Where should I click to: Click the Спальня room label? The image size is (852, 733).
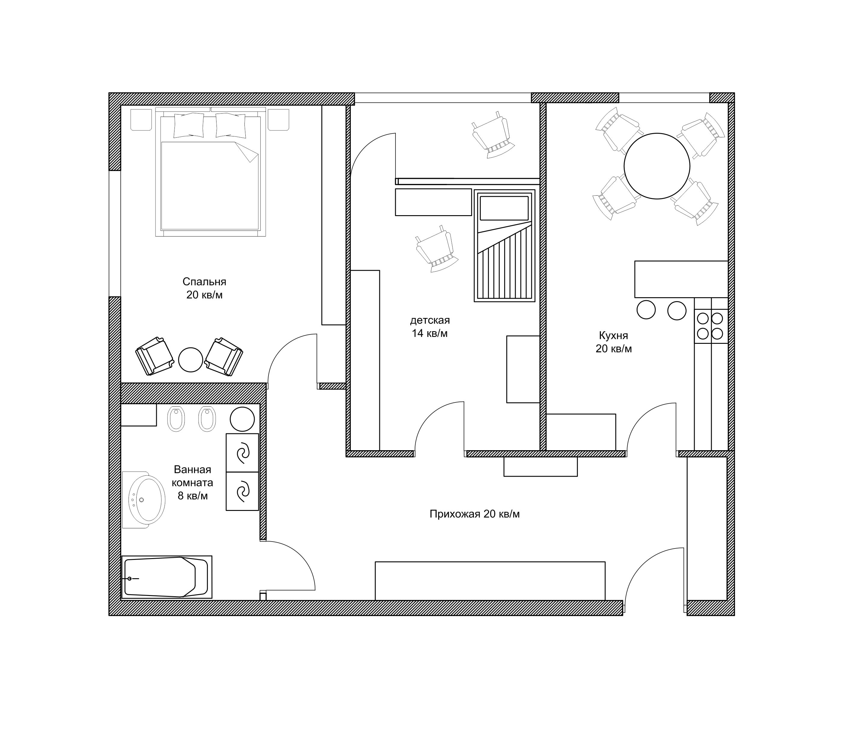204,282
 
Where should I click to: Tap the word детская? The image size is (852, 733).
430,320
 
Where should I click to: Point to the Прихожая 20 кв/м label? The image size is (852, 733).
475,514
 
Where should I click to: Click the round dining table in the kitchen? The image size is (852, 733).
657,166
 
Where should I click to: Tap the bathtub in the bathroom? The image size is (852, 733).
167,577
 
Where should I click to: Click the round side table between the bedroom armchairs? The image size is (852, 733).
190,359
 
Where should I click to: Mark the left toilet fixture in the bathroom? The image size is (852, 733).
176,419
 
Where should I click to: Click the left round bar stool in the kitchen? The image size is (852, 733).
646,310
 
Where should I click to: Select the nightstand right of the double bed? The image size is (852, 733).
278,119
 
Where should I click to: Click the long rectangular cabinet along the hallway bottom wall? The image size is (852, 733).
490,581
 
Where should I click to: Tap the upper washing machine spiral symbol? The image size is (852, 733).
243,453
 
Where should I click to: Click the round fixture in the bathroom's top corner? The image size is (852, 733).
242,419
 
